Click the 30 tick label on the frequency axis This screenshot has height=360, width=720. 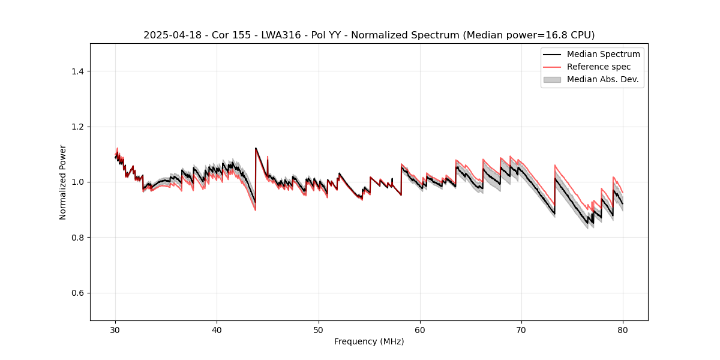tap(115, 329)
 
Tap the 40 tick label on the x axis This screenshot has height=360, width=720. tap(217, 329)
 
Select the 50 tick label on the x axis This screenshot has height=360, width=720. tap(319, 329)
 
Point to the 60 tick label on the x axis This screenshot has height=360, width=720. tap(420, 329)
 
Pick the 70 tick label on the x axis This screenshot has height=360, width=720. tap(521, 329)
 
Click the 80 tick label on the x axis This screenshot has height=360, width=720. tap(623, 329)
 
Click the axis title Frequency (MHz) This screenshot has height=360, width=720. tap(369, 341)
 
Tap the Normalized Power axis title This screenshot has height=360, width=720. tap(63, 182)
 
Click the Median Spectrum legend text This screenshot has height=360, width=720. tap(603, 54)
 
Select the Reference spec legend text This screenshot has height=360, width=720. tap(599, 67)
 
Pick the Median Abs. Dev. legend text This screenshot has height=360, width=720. tap(603, 79)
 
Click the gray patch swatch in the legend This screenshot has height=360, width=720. tap(552, 79)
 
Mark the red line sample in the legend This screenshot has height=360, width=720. tap(552, 67)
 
